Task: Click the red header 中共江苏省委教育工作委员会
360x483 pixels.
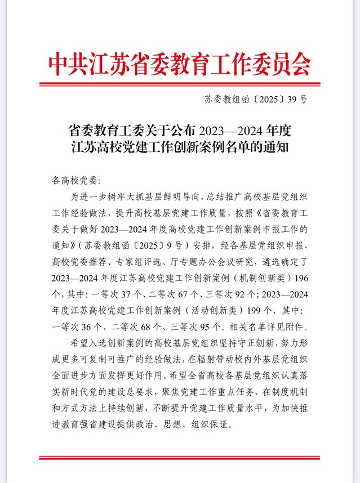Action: coord(180,65)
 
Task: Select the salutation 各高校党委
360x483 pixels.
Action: coord(73,181)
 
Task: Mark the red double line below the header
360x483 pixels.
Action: coord(180,85)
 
